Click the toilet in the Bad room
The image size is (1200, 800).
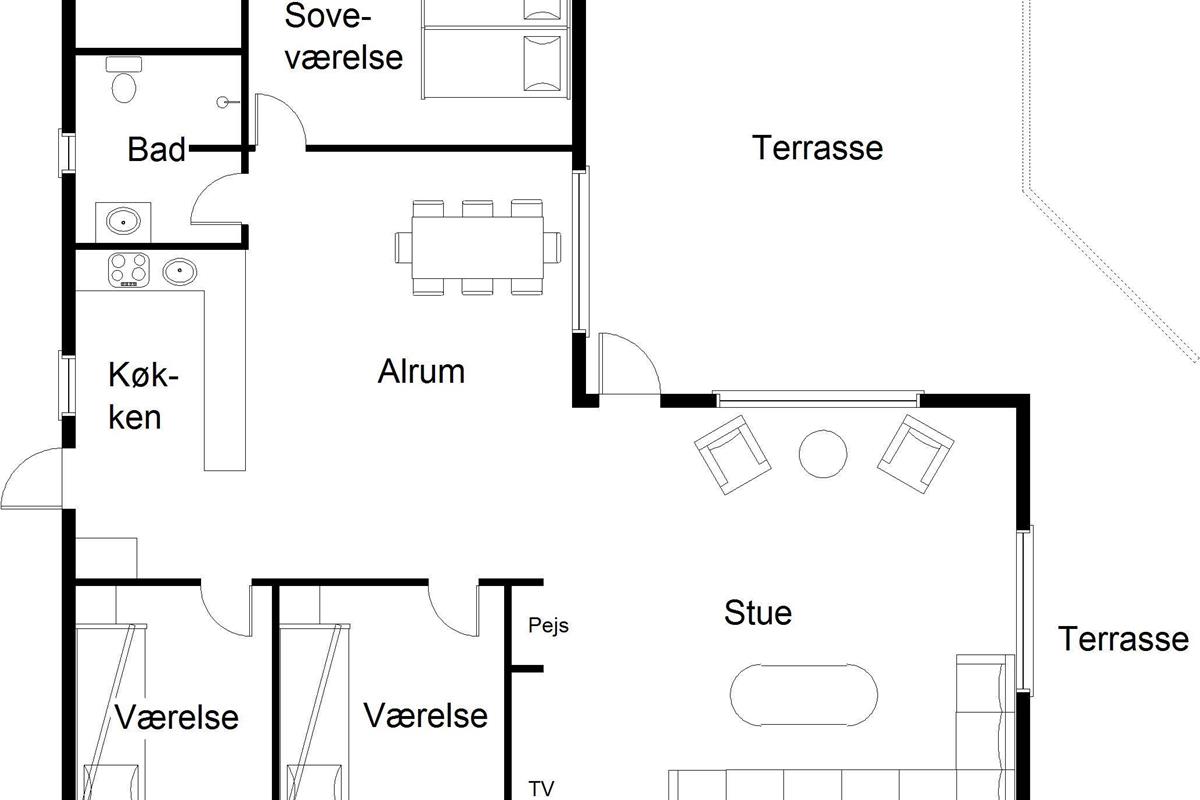tap(124, 80)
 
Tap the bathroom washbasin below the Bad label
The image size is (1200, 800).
tap(123, 221)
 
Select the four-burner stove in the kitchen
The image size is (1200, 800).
tap(129, 270)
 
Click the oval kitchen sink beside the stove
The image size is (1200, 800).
tap(179, 272)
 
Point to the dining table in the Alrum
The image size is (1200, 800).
tap(477, 248)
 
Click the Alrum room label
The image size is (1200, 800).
tap(421, 371)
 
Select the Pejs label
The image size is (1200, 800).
tap(548, 626)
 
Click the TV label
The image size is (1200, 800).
tap(541, 788)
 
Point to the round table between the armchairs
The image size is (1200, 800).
tap(823, 453)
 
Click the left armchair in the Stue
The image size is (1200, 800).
tap(732, 454)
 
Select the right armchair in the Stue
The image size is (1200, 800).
tap(915, 453)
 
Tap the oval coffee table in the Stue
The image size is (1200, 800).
tap(804, 696)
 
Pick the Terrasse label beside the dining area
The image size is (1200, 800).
tap(818, 148)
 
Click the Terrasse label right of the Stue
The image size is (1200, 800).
tap(1123, 639)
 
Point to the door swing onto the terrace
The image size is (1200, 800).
tap(629, 364)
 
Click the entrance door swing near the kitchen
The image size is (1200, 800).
tap(32, 478)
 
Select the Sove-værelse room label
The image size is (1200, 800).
tap(343, 36)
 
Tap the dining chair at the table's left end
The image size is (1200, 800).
tap(403, 248)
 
